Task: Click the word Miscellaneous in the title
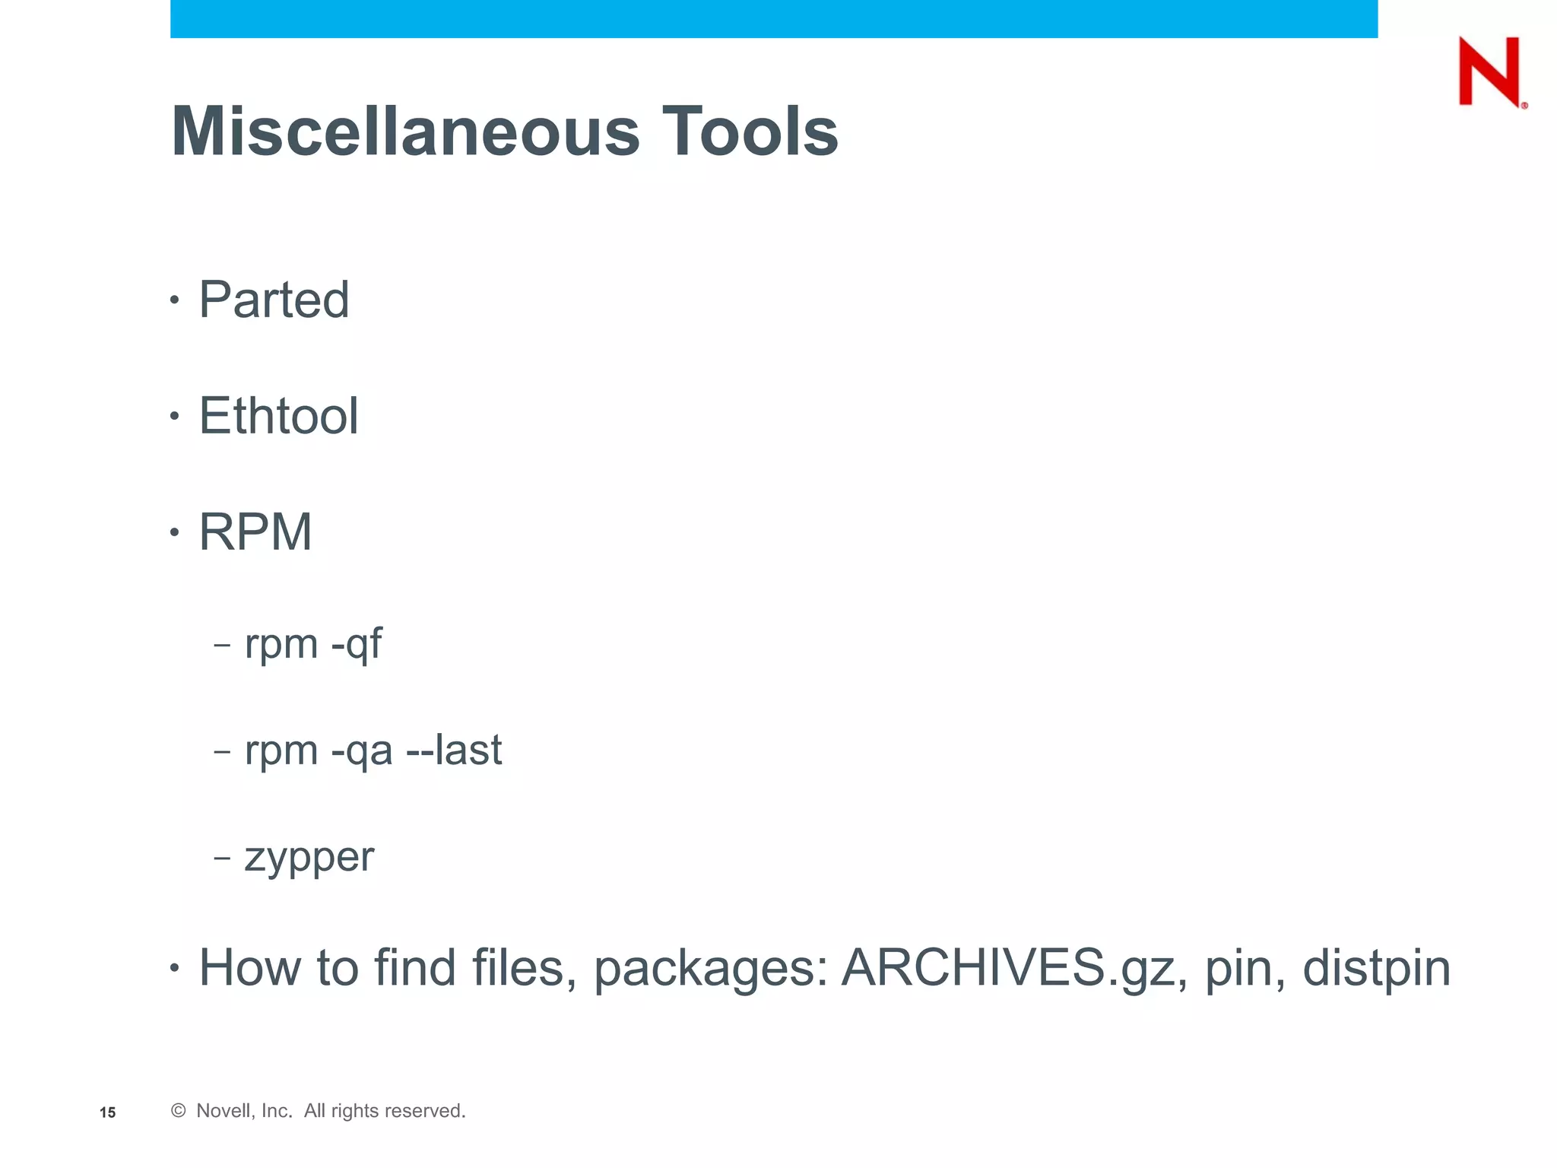[405, 132]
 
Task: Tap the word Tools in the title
[750, 132]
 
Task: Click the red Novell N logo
[1491, 71]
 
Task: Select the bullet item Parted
[274, 300]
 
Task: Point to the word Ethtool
[278, 416]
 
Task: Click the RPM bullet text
[255, 532]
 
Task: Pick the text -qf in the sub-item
[357, 645]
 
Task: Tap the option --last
[454, 751]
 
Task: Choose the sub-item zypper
[309, 858]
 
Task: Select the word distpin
[1377, 968]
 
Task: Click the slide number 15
[107, 1112]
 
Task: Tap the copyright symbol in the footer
[179, 1111]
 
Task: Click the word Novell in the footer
[224, 1111]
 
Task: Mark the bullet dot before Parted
[175, 300]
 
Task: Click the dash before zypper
[222, 858]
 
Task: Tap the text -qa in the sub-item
[362, 751]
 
